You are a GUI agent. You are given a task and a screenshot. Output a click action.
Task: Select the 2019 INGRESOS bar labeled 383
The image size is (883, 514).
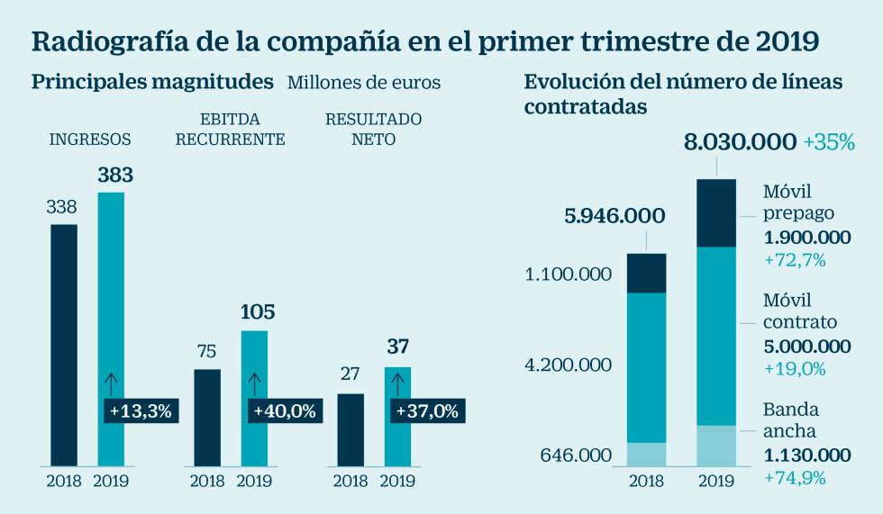coord(111,297)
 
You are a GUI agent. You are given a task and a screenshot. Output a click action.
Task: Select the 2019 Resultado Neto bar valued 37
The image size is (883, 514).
coord(397,383)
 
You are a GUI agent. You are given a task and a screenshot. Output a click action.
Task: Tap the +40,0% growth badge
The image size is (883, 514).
coord(284,411)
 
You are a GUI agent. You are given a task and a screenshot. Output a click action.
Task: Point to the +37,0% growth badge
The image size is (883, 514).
coord(427,411)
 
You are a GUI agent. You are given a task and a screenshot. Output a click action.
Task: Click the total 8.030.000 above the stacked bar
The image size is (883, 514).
coord(740,142)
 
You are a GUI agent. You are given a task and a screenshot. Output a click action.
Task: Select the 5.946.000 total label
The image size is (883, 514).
coord(614,216)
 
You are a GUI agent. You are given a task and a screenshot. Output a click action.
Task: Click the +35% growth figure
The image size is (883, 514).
coord(829,142)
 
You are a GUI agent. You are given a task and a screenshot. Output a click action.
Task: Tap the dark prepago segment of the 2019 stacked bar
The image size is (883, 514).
coord(716,213)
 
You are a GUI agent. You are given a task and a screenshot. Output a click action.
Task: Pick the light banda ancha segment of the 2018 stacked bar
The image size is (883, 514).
coord(646,454)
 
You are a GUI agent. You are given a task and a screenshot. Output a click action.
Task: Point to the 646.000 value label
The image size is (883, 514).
coord(577,455)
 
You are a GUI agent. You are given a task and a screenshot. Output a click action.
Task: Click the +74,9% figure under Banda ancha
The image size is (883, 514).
coord(795,478)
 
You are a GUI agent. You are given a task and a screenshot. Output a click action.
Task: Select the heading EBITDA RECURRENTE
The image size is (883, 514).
coord(230,129)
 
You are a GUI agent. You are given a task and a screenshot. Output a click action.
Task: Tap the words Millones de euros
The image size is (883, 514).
coord(364,83)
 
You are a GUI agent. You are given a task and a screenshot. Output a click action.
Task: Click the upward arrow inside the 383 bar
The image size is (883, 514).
coord(111,383)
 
